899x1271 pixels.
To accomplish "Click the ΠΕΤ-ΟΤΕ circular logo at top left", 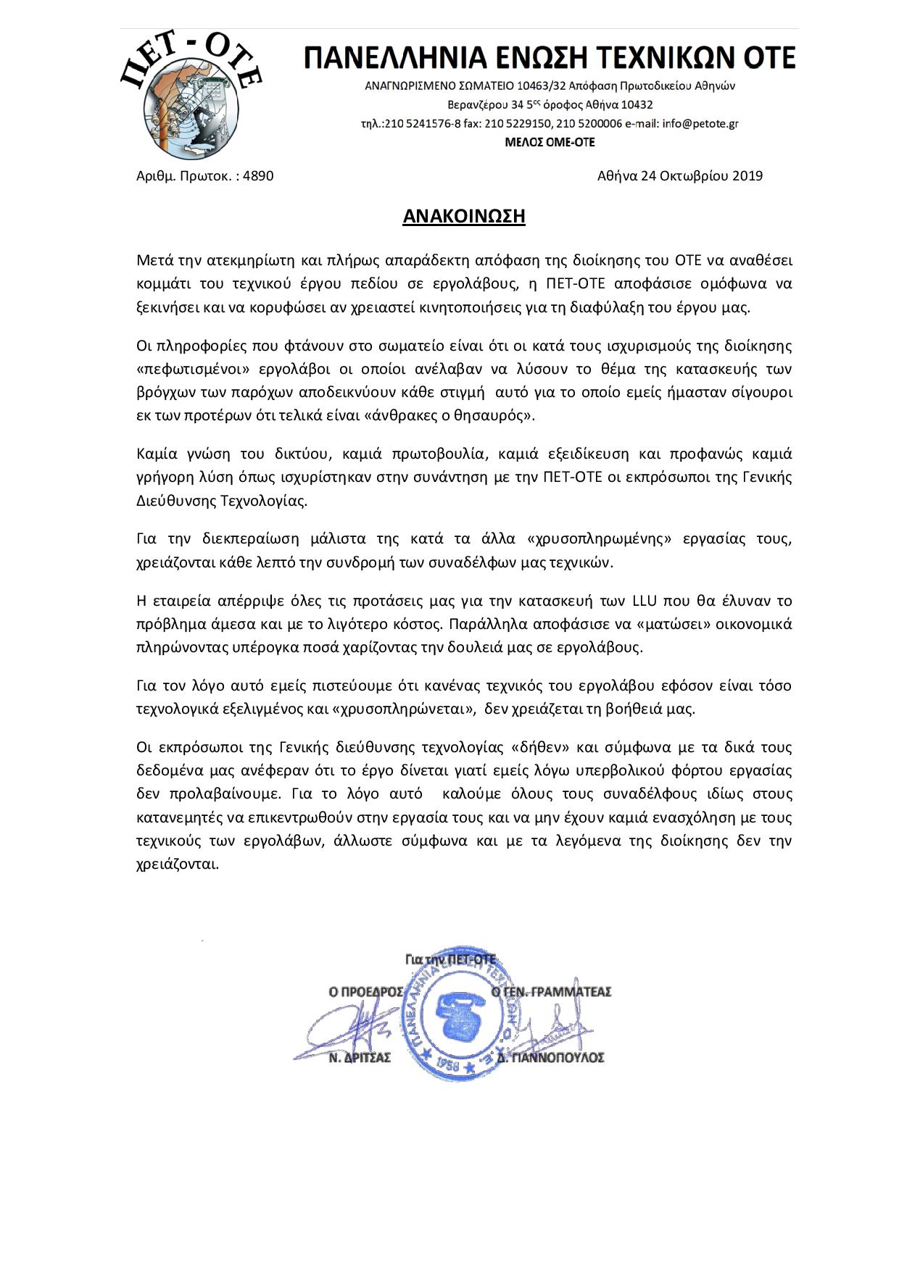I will point(190,98).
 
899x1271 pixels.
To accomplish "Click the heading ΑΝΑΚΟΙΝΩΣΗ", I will point(463,216).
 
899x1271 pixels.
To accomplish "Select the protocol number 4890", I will point(259,175).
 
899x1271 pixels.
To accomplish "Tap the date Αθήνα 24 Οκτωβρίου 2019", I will point(679,175).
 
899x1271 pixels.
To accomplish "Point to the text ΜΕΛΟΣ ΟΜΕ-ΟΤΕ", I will point(550,142).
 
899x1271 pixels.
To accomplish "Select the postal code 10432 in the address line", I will point(637,104).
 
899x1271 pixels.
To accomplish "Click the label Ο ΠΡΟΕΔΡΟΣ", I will point(365,991).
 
